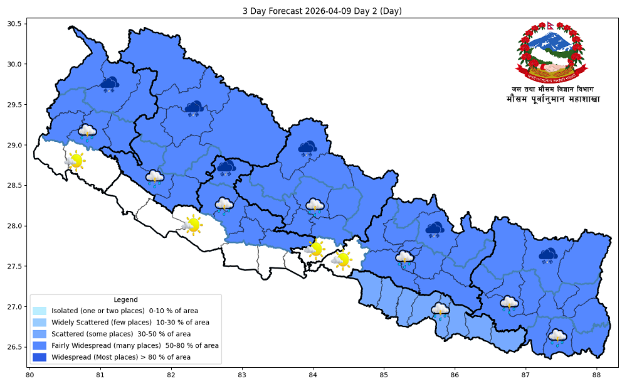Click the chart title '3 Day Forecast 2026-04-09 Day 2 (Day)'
pyautogui.click(x=313, y=11)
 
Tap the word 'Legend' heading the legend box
pyautogui.click(x=125, y=299)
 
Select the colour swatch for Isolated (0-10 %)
pyautogui.click(x=40, y=311)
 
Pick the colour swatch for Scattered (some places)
pyautogui.click(x=40, y=334)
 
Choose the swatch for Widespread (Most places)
pyautogui.click(x=40, y=357)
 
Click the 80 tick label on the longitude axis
pyautogui.click(x=29, y=375)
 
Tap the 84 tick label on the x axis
pyautogui.click(x=313, y=375)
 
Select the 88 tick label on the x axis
pyautogui.click(x=596, y=375)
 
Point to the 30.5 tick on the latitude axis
pyautogui.click(x=14, y=24)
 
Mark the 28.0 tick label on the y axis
pyautogui.click(x=14, y=226)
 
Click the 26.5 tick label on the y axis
pyautogui.click(x=14, y=347)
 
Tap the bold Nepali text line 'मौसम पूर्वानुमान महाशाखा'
pyautogui.click(x=552, y=100)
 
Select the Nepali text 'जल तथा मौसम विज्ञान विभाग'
pyautogui.click(x=552, y=89)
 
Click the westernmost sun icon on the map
pyautogui.click(x=75, y=161)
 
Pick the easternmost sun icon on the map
pyautogui.click(x=342, y=259)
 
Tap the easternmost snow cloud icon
pyautogui.click(x=549, y=255)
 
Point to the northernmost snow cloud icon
pyautogui.click(x=110, y=84)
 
